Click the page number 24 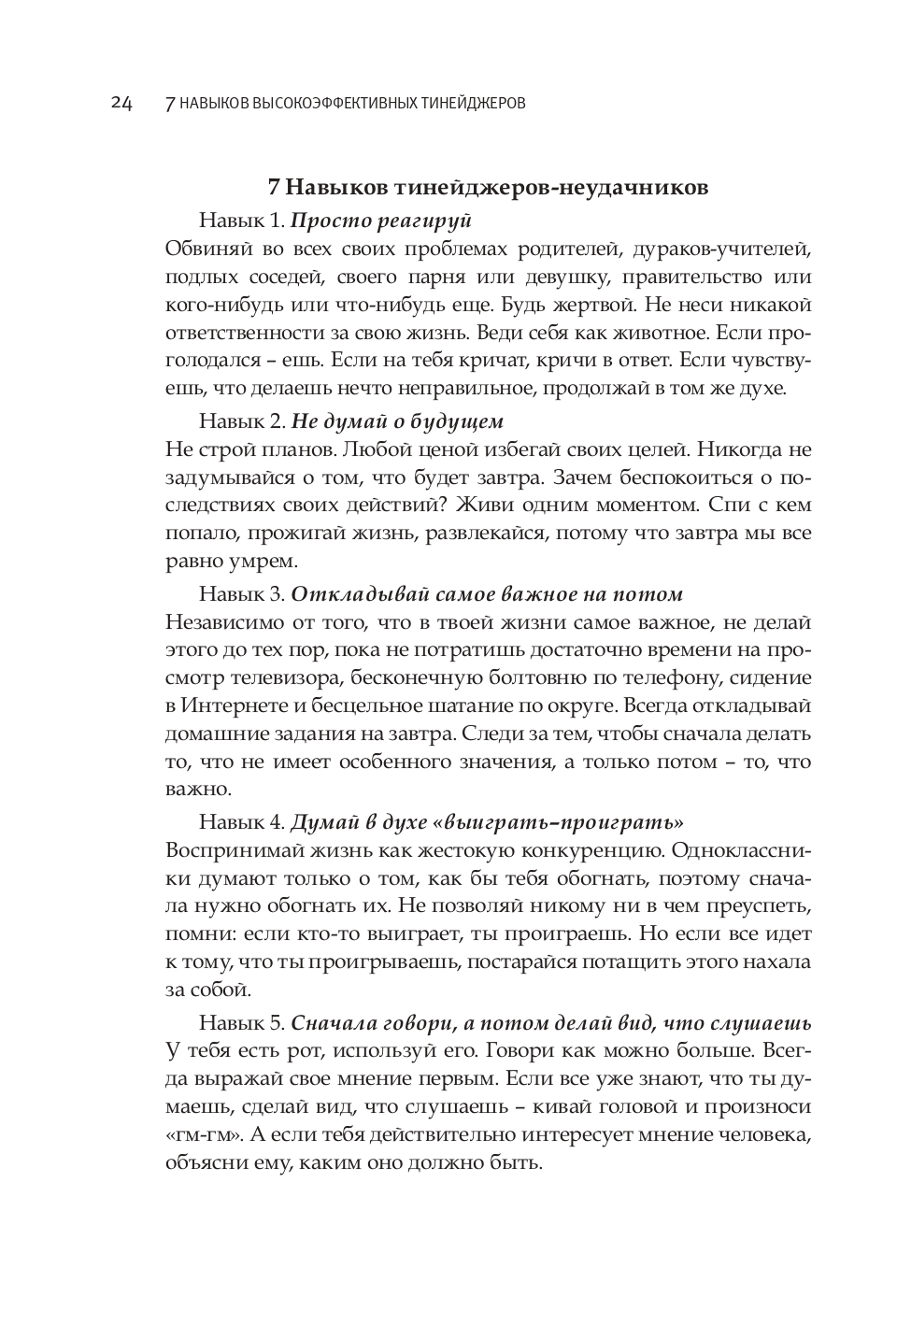click(x=121, y=103)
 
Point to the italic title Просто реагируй click(x=381, y=221)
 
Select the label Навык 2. click(x=241, y=420)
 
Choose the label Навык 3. click(x=241, y=594)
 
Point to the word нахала click(x=770, y=962)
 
